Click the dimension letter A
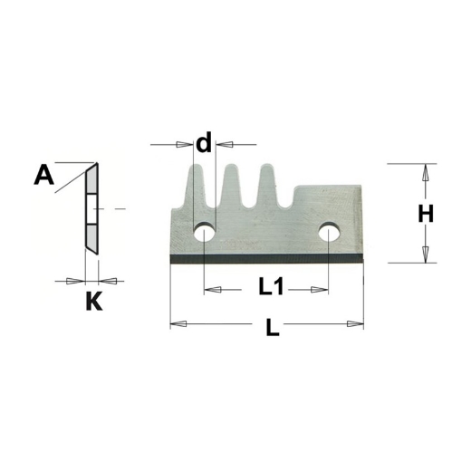pos(43,174)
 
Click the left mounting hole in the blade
pos(204,235)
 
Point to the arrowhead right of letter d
pos(222,143)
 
